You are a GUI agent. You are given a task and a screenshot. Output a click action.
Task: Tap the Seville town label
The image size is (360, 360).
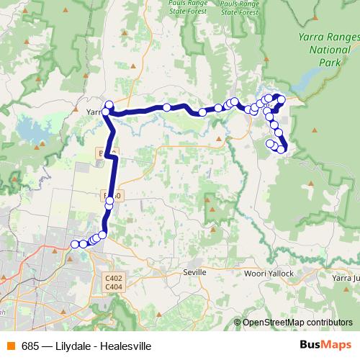point(194,273)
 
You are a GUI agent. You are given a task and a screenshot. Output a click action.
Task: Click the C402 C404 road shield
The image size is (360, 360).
point(113,283)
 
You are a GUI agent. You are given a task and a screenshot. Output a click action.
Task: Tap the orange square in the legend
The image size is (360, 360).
point(11,346)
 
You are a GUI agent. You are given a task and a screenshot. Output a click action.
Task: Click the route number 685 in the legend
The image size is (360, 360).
point(30,346)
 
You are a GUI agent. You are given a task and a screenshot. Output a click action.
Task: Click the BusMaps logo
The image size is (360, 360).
point(325,345)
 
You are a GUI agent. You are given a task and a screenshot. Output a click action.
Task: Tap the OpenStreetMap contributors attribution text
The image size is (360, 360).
point(297,323)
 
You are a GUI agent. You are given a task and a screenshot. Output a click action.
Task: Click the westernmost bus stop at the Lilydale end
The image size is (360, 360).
point(74,244)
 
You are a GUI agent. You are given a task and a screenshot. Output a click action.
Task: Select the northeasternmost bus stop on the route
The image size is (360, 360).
point(282,99)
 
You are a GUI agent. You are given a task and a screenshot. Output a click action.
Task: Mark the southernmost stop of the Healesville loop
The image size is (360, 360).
point(281,150)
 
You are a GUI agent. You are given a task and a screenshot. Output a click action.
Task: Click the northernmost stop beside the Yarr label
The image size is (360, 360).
point(109,105)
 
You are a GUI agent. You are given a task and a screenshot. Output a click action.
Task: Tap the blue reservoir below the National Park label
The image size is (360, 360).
point(310,76)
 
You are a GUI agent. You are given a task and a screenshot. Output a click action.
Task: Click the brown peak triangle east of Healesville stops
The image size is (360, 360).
point(315,130)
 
